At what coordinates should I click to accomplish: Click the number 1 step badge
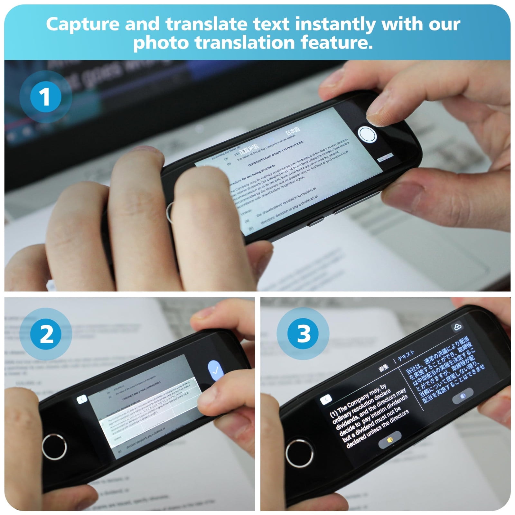click(x=45, y=97)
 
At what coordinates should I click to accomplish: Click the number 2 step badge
click(x=46, y=334)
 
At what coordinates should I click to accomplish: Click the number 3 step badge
click(x=303, y=333)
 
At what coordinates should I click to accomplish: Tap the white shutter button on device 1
click(x=367, y=135)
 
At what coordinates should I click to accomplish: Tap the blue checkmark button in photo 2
click(x=215, y=371)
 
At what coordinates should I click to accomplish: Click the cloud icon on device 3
click(x=457, y=327)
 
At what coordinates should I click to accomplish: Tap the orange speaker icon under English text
click(x=390, y=440)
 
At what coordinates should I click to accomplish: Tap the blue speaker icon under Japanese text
click(x=463, y=396)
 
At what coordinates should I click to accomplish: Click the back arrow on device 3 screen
click(x=326, y=399)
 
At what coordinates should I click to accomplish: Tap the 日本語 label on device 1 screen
click(x=293, y=131)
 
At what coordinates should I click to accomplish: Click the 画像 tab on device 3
click(x=383, y=368)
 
